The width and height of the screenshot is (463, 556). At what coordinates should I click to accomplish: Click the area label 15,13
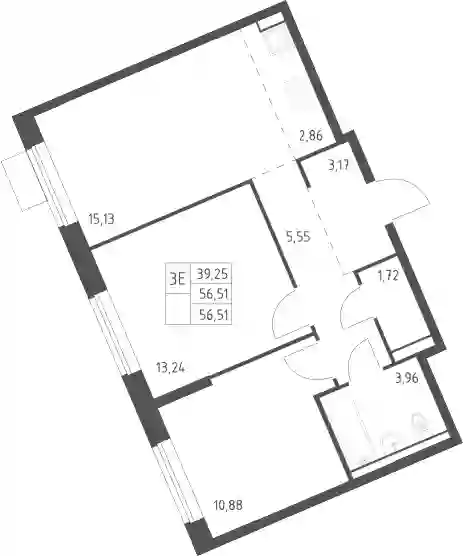click(x=101, y=219)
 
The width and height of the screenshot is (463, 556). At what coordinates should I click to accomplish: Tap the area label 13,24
click(x=170, y=368)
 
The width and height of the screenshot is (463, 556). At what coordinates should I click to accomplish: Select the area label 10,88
click(x=228, y=505)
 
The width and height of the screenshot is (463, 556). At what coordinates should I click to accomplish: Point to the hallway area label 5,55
click(x=298, y=237)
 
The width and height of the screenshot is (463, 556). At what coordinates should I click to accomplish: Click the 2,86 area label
click(x=311, y=135)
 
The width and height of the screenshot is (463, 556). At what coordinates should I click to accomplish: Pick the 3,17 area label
click(x=339, y=165)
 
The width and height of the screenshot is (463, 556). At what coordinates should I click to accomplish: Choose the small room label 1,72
click(x=388, y=275)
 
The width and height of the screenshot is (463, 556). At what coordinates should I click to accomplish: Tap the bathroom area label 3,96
click(x=407, y=378)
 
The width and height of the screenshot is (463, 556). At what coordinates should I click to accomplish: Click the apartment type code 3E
click(x=178, y=279)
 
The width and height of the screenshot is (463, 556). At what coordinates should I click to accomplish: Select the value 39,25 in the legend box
click(x=212, y=274)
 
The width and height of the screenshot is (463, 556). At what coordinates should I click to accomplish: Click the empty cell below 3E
click(x=178, y=308)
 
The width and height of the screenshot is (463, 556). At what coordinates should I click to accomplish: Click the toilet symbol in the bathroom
click(x=418, y=422)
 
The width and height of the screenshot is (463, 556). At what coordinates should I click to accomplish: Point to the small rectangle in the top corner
click(x=272, y=22)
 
